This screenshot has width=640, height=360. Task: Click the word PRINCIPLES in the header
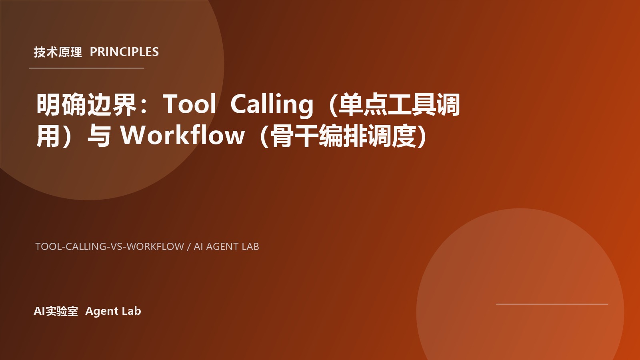[x=124, y=52]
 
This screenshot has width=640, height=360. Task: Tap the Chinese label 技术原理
[x=58, y=52]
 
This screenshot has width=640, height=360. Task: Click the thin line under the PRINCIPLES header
[x=86, y=68]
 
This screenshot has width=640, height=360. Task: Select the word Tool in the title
[x=189, y=104]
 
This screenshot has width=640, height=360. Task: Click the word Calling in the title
[x=272, y=104]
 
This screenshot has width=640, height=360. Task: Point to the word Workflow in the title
[x=182, y=135]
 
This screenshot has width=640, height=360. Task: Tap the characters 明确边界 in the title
[x=86, y=104]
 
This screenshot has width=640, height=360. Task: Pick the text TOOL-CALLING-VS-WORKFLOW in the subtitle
[x=110, y=246]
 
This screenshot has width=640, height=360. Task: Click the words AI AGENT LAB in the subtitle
[x=226, y=246]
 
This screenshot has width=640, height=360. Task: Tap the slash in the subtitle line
[x=189, y=246]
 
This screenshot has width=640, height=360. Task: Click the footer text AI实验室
[x=56, y=311]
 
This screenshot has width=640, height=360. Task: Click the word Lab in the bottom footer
[x=132, y=311]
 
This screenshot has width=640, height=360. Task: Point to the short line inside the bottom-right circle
[x=552, y=304]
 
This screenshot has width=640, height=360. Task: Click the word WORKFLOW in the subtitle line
[x=155, y=246]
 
